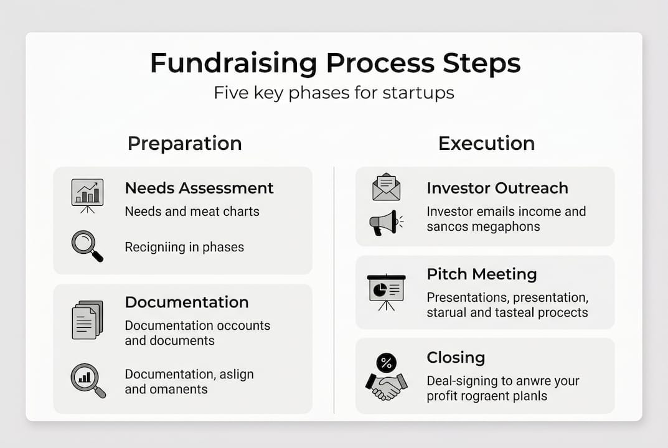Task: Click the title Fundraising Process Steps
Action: coord(334,64)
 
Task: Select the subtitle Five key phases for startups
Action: coord(334,93)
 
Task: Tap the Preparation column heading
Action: coord(184,143)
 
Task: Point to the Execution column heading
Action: coord(486,143)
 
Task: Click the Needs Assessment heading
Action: coord(199,188)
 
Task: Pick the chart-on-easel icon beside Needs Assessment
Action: coord(87,195)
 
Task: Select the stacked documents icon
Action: coord(87,320)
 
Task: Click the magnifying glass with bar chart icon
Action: coord(88,380)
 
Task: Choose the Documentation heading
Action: coord(187,302)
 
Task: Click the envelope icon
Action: coord(386,187)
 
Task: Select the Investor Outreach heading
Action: coord(497,188)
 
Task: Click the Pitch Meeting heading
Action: coord(482,274)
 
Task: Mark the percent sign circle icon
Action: coord(387,362)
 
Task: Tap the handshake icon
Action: coord(386,386)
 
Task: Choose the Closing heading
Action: coord(456,358)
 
